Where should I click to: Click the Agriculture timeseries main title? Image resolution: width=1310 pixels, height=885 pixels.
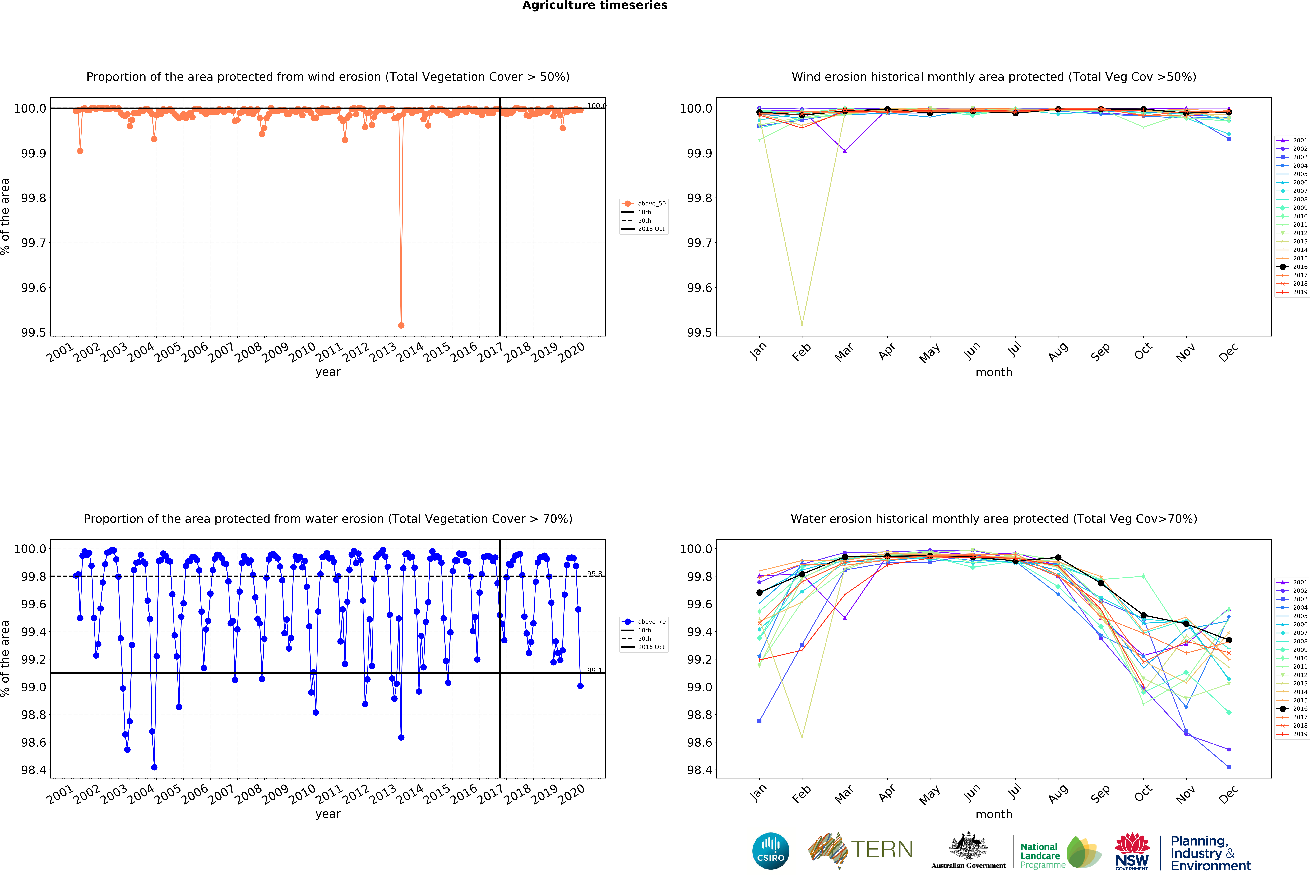(x=595, y=6)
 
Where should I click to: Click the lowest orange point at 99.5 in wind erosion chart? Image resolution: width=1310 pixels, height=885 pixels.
(x=401, y=325)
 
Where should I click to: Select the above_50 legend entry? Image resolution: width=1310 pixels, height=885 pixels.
(x=651, y=204)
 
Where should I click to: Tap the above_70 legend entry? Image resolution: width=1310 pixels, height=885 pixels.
(x=651, y=622)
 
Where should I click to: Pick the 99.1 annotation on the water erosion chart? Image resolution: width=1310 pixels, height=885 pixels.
(x=594, y=670)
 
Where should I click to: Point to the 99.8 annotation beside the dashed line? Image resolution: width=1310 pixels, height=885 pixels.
(x=594, y=574)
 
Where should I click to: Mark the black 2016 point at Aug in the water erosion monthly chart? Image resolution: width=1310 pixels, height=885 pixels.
(x=1058, y=557)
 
